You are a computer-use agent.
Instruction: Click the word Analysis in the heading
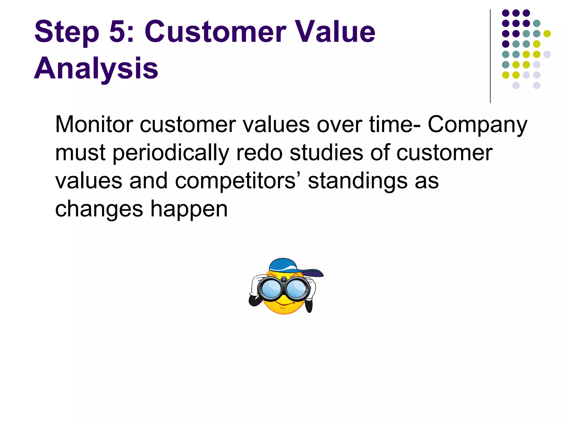pos(96,69)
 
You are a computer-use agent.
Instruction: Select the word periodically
pos(171,153)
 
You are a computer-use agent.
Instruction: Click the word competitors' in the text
pos(235,181)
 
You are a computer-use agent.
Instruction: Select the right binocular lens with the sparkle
pos(297,288)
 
